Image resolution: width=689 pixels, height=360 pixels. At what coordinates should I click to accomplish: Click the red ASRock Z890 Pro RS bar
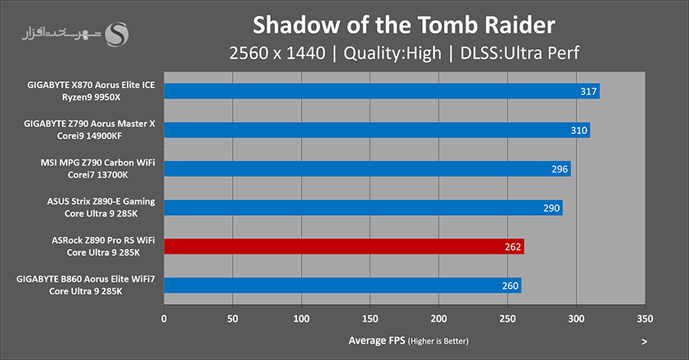[x=344, y=247]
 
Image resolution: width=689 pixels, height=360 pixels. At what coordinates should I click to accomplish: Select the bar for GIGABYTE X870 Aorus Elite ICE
[x=381, y=91]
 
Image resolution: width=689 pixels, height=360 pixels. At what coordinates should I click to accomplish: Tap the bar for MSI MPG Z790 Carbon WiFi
[x=367, y=169]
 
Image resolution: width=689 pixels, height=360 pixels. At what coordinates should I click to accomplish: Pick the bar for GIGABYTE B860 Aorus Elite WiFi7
[x=342, y=286]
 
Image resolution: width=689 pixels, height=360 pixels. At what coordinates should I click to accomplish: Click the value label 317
[x=589, y=91]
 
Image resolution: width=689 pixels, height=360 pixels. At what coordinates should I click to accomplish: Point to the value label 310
[x=580, y=130]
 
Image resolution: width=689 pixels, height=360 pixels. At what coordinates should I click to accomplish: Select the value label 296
[x=560, y=169]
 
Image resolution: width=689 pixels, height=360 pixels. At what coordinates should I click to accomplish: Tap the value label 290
[x=552, y=208]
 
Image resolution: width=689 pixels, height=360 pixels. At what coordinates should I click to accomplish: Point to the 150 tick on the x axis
[x=371, y=317]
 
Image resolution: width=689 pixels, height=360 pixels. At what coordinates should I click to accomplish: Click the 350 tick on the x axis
[x=645, y=317]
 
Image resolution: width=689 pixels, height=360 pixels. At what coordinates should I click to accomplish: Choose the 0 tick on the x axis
[x=164, y=317]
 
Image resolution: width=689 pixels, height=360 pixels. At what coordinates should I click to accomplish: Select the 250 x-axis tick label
[x=508, y=317]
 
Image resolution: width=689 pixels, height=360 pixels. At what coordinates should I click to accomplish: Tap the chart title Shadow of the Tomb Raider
[x=403, y=25]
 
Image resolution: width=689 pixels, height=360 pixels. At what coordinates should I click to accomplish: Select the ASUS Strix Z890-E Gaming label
[x=101, y=201]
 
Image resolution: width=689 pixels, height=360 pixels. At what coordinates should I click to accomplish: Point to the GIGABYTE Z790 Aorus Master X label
[x=95, y=124]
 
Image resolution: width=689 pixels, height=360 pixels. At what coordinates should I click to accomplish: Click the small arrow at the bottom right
[x=645, y=341]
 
